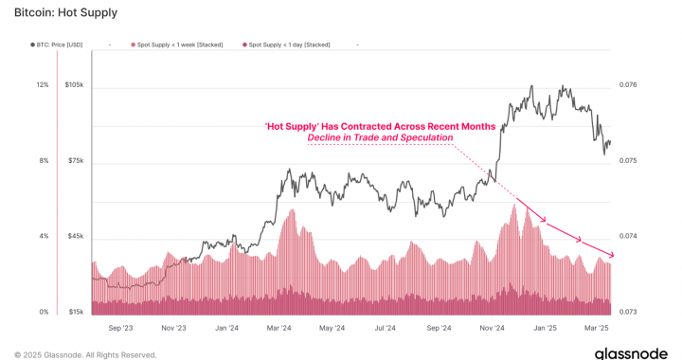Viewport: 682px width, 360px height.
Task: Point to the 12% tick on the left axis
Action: tap(43, 85)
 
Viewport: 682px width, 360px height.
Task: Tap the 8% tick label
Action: tap(44, 161)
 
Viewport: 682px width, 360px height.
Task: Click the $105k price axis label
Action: tap(75, 85)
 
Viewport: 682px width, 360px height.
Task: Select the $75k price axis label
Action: tap(76, 161)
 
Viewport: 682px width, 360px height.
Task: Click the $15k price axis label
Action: tap(76, 312)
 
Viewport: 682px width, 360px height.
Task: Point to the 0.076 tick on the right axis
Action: tap(630, 85)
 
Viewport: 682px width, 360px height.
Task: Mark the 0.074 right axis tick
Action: tap(630, 236)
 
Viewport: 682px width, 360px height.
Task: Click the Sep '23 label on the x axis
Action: tap(120, 328)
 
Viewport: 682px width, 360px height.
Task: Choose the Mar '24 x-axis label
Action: tap(279, 328)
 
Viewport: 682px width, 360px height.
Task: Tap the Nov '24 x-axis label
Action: tap(492, 328)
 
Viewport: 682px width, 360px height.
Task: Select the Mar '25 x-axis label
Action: tap(597, 328)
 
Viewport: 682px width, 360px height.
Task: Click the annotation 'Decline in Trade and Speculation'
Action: tap(380, 138)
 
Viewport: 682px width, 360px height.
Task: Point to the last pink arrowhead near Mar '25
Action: tap(612, 255)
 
